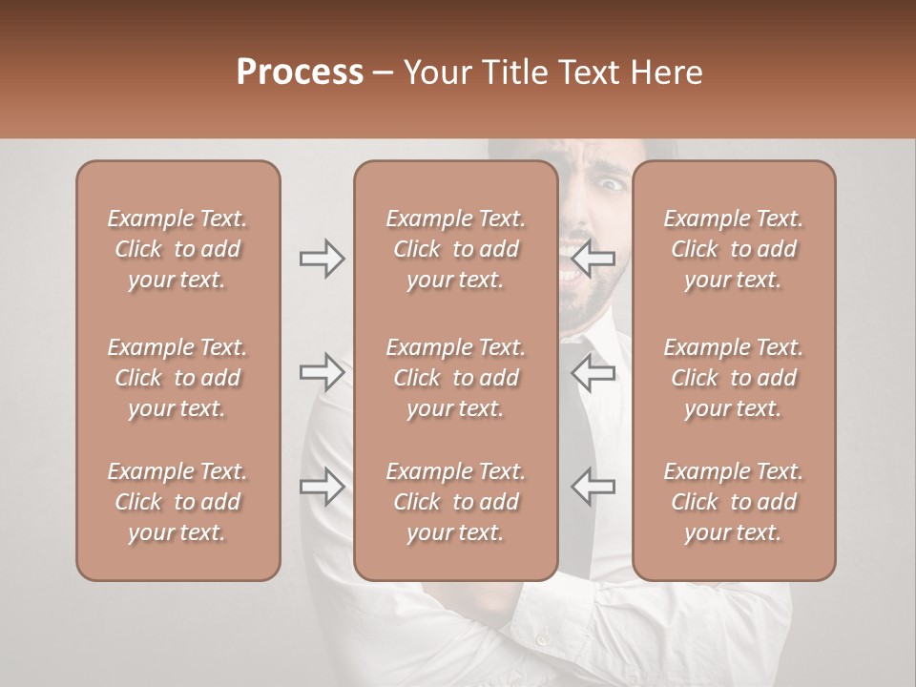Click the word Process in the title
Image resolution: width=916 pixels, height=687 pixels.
(x=300, y=73)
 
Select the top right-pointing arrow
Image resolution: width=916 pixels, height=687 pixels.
(x=322, y=259)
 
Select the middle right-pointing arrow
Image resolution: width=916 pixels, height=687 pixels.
(x=322, y=372)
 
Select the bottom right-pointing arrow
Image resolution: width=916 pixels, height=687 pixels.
(x=322, y=487)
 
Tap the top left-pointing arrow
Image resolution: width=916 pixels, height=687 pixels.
(x=593, y=259)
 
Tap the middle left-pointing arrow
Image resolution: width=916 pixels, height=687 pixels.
(x=593, y=372)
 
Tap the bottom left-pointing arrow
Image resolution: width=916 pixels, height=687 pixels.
(x=593, y=487)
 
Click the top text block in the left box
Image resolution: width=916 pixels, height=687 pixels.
(x=177, y=249)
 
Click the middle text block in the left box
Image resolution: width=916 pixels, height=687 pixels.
(x=177, y=378)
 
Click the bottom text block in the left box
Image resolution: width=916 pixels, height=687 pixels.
(x=177, y=502)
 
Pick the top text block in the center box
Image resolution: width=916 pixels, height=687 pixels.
(x=455, y=249)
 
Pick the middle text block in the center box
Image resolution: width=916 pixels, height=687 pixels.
(x=455, y=378)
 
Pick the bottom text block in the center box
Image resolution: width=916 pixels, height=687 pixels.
(x=455, y=502)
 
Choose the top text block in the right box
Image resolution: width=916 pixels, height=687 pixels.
(x=733, y=249)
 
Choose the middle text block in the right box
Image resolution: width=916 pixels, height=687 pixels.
(x=733, y=378)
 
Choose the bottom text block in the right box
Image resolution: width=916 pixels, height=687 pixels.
(x=733, y=502)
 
